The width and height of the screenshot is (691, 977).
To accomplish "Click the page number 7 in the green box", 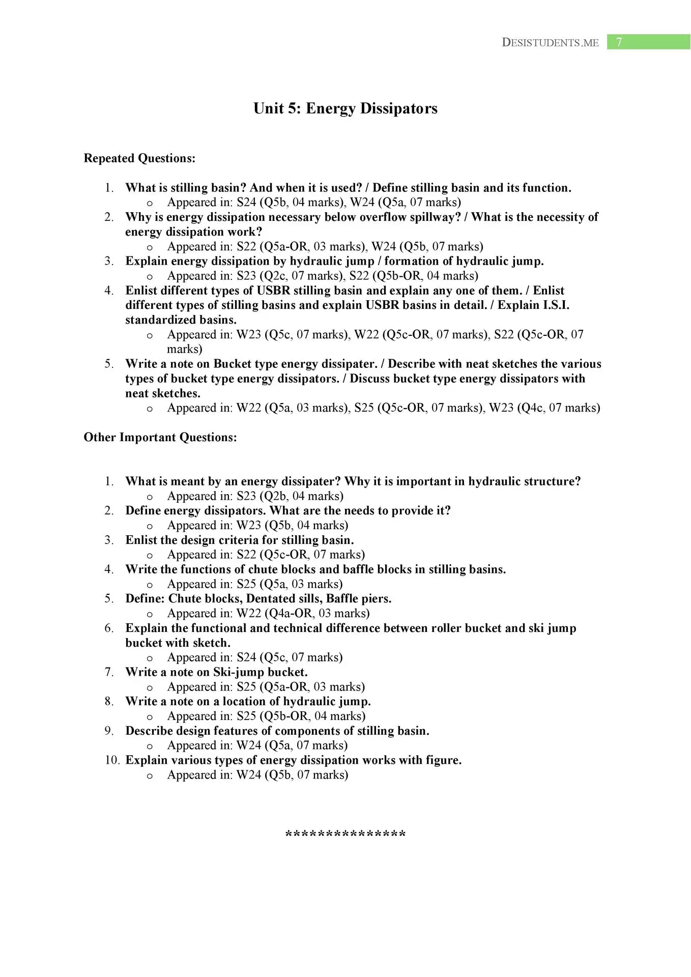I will pyautogui.click(x=619, y=42).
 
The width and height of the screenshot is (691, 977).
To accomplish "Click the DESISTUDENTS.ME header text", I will pyautogui.click(x=550, y=43).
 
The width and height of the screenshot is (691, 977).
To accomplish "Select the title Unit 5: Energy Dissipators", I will pyautogui.click(x=345, y=108).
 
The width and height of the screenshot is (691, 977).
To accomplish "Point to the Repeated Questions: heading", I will pyautogui.click(x=139, y=158).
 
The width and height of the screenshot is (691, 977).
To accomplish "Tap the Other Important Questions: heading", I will pyautogui.click(x=160, y=438).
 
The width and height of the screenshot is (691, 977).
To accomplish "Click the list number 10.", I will pyautogui.click(x=112, y=760).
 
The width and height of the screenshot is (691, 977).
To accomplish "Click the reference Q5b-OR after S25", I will pyautogui.click(x=286, y=716).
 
